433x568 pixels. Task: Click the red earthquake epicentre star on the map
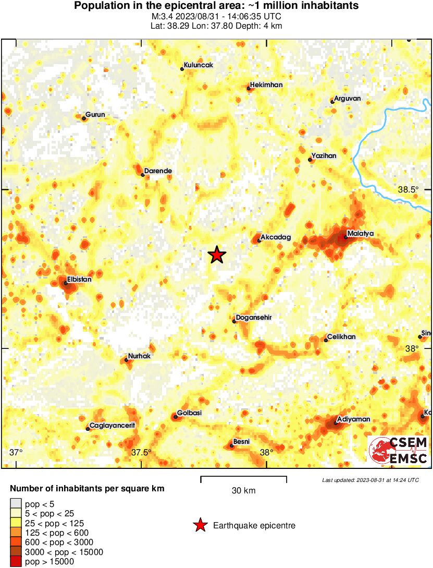point(217,255)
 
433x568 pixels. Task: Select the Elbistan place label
point(79,279)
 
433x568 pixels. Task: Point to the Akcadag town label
point(275,237)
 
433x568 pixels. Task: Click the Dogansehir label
point(254,317)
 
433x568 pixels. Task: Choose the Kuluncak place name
point(199,65)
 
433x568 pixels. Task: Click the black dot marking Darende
point(143,175)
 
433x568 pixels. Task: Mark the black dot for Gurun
point(84,118)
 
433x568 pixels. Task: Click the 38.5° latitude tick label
point(408,190)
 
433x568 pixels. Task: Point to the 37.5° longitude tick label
point(141,452)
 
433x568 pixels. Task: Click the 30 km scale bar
point(243,477)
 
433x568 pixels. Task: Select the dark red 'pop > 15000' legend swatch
point(16,562)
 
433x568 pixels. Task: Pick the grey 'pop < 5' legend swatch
point(16,504)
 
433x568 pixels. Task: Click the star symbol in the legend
point(200,525)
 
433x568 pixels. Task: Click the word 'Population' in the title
point(100,6)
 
